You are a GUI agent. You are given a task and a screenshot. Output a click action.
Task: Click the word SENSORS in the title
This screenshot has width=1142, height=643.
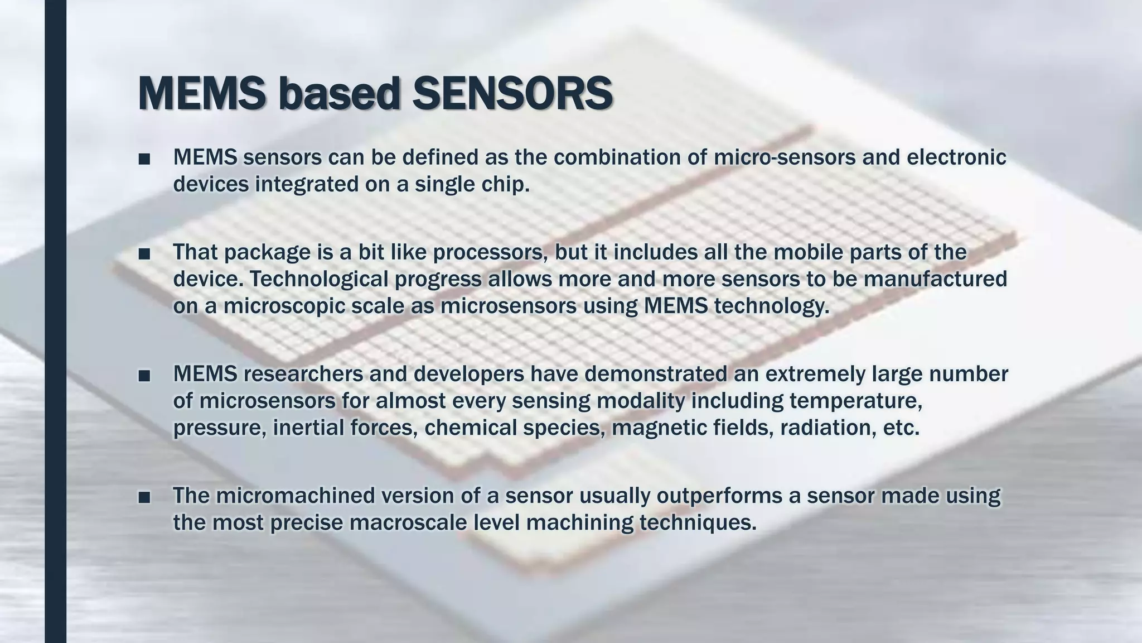[x=512, y=94]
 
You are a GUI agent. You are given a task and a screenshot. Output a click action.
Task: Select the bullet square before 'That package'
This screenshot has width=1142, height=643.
[x=144, y=254]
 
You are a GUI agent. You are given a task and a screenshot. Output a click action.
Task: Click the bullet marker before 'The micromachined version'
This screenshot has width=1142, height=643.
[x=144, y=497]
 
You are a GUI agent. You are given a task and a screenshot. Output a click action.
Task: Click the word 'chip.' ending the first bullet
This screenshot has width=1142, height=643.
[x=506, y=184]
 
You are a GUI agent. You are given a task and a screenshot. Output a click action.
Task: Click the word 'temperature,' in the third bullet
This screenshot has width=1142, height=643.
[x=851, y=401]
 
